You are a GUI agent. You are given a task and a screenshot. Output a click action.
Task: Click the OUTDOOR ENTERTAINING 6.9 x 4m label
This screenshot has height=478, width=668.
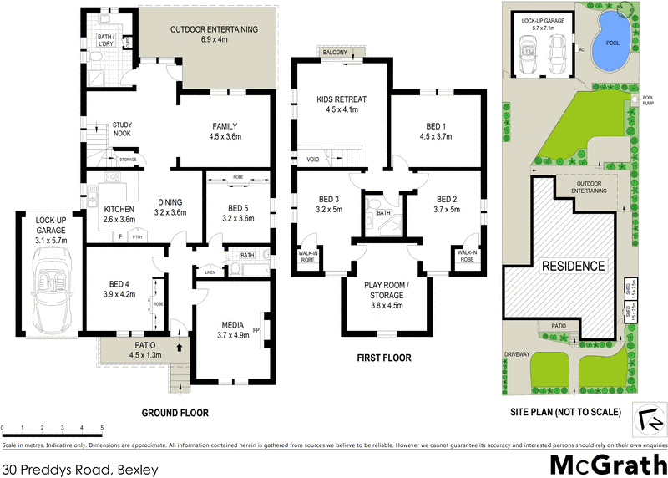(214, 34)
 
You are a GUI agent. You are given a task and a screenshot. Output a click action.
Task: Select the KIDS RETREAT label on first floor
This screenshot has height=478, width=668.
(342, 104)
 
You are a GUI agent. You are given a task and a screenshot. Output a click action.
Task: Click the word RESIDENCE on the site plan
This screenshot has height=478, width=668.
(574, 266)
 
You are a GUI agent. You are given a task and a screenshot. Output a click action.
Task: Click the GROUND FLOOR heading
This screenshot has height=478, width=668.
(175, 413)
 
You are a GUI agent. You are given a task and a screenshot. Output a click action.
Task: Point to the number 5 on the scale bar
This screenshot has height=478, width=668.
(102, 426)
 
